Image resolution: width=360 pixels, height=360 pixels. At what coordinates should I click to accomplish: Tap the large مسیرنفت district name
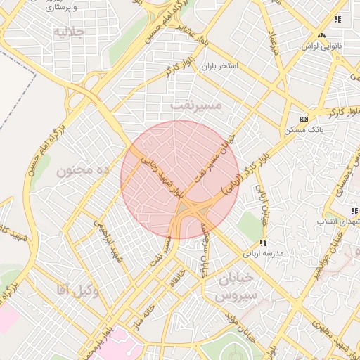click(x=195, y=104)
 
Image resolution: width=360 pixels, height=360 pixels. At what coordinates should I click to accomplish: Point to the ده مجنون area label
click(x=84, y=171)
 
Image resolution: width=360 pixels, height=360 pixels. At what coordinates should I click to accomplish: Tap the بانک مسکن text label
click(x=304, y=130)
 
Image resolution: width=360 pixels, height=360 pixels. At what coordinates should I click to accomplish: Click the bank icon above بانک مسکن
click(x=304, y=119)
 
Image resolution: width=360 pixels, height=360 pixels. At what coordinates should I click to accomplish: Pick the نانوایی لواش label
click(x=321, y=46)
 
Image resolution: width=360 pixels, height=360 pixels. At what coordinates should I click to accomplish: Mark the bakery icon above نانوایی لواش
click(x=321, y=34)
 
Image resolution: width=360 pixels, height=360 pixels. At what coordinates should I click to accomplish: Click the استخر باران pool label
click(x=220, y=66)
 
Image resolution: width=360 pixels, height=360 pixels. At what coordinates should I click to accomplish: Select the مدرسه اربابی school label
click(x=263, y=252)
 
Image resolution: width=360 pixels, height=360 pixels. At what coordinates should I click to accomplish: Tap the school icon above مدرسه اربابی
click(x=263, y=242)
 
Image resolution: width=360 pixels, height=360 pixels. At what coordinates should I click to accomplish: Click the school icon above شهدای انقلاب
click(x=354, y=211)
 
